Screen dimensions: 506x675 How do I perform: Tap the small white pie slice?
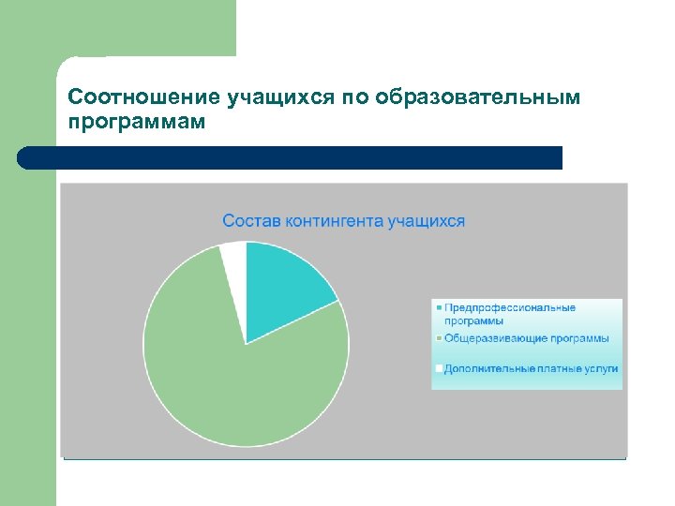tap(233, 258)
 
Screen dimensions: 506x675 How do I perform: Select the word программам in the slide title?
tap(137, 122)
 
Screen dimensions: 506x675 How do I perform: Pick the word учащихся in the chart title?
tap(428, 221)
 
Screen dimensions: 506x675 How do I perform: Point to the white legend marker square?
tap(438, 369)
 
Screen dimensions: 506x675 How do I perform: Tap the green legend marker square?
tap(438, 338)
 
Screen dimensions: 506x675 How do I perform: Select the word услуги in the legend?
tap(601, 369)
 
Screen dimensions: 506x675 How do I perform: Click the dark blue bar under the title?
tap(291, 157)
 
